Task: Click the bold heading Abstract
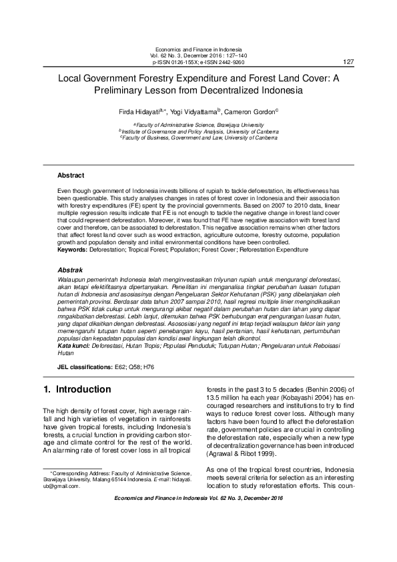click(71, 176)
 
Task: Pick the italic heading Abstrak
click(70, 270)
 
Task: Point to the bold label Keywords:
click(73, 249)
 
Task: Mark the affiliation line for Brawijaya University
click(198, 125)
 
